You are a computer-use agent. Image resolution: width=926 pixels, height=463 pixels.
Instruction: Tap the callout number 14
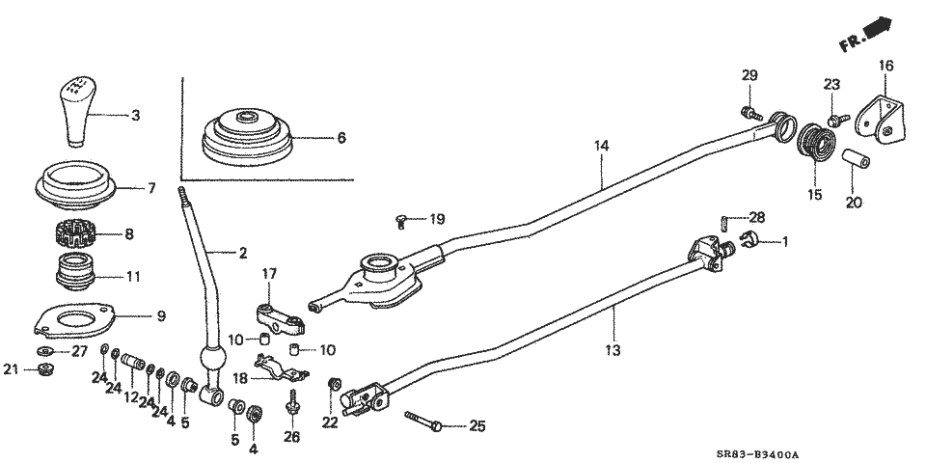click(x=602, y=146)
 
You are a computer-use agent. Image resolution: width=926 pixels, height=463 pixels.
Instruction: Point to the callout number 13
click(x=613, y=350)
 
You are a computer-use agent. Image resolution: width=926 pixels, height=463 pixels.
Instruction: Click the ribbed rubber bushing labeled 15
click(x=816, y=144)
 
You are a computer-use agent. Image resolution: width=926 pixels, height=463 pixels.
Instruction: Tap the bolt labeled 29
click(x=751, y=113)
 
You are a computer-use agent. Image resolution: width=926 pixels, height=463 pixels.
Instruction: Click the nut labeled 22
click(x=334, y=384)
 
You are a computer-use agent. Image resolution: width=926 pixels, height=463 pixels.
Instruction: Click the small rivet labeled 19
click(x=399, y=221)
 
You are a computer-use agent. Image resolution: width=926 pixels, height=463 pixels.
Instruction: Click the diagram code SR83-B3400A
click(x=758, y=454)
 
